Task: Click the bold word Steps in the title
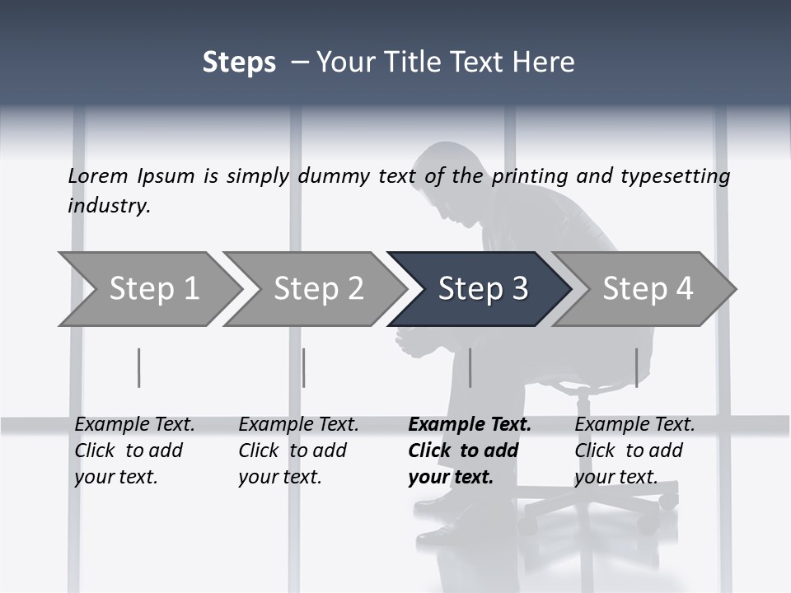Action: [239, 63]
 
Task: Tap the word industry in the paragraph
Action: [108, 205]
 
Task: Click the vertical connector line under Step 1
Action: [139, 367]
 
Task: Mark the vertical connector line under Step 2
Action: [304, 367]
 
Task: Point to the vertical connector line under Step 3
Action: [470, 367]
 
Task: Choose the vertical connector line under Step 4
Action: [636, 367]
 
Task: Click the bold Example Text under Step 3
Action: [470, 425]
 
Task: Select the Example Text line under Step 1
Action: [134, 425]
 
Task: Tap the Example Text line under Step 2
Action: [298, 425]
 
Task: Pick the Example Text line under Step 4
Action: [634, 425]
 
